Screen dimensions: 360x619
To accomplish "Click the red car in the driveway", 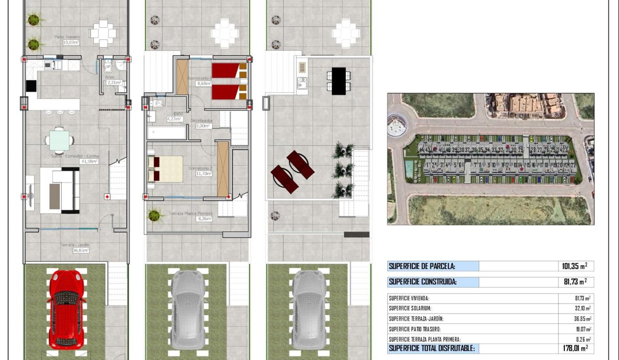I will click(x=66, y=307).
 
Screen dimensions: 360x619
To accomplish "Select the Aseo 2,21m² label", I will click(x=113, y=79).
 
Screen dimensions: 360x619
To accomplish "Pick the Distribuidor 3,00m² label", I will click(x=202, y=123).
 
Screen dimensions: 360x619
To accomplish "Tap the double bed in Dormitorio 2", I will click(x=166, y=169).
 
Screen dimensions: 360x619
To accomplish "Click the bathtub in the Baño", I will click(x=167, y=133).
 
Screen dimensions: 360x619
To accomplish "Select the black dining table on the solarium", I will click(x=339, y=81).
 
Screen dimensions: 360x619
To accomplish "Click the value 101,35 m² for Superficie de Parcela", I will click(x=574, y=266).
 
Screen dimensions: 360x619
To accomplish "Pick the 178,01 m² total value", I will click(x=574, y=349).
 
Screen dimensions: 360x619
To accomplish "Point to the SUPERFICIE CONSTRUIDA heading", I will click(x=422, y=282).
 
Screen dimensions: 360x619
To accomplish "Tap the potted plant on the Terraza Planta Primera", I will click(x=154, y=215).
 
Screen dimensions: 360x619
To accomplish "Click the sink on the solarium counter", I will click(x=302, y=82).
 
